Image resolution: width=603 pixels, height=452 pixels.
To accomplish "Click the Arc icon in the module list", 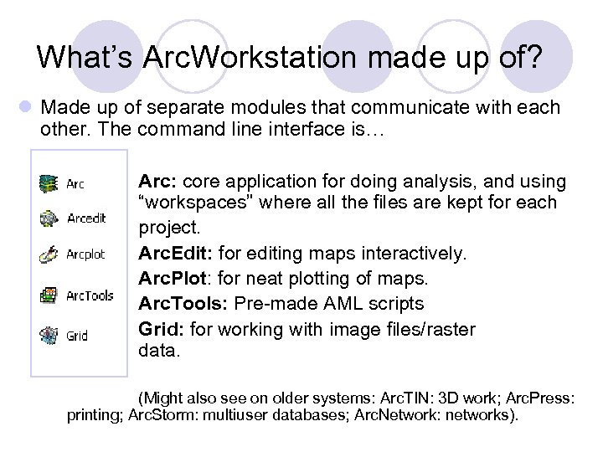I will click(x=49, y=182).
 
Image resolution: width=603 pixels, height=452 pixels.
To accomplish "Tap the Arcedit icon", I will click(x=49, y=218).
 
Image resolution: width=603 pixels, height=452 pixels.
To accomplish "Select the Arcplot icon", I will click(x=49, y=254).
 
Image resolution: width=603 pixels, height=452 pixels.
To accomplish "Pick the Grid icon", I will click(x=49, y=336).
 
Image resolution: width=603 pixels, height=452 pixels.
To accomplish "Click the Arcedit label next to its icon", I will click(x=86, y=219).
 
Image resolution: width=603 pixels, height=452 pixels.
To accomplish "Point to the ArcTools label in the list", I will click(x=90, y=295).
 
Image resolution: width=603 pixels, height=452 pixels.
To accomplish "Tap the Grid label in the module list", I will click(x=77, y=336).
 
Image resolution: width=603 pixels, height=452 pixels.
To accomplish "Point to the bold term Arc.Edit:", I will click(x=172, y=254).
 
